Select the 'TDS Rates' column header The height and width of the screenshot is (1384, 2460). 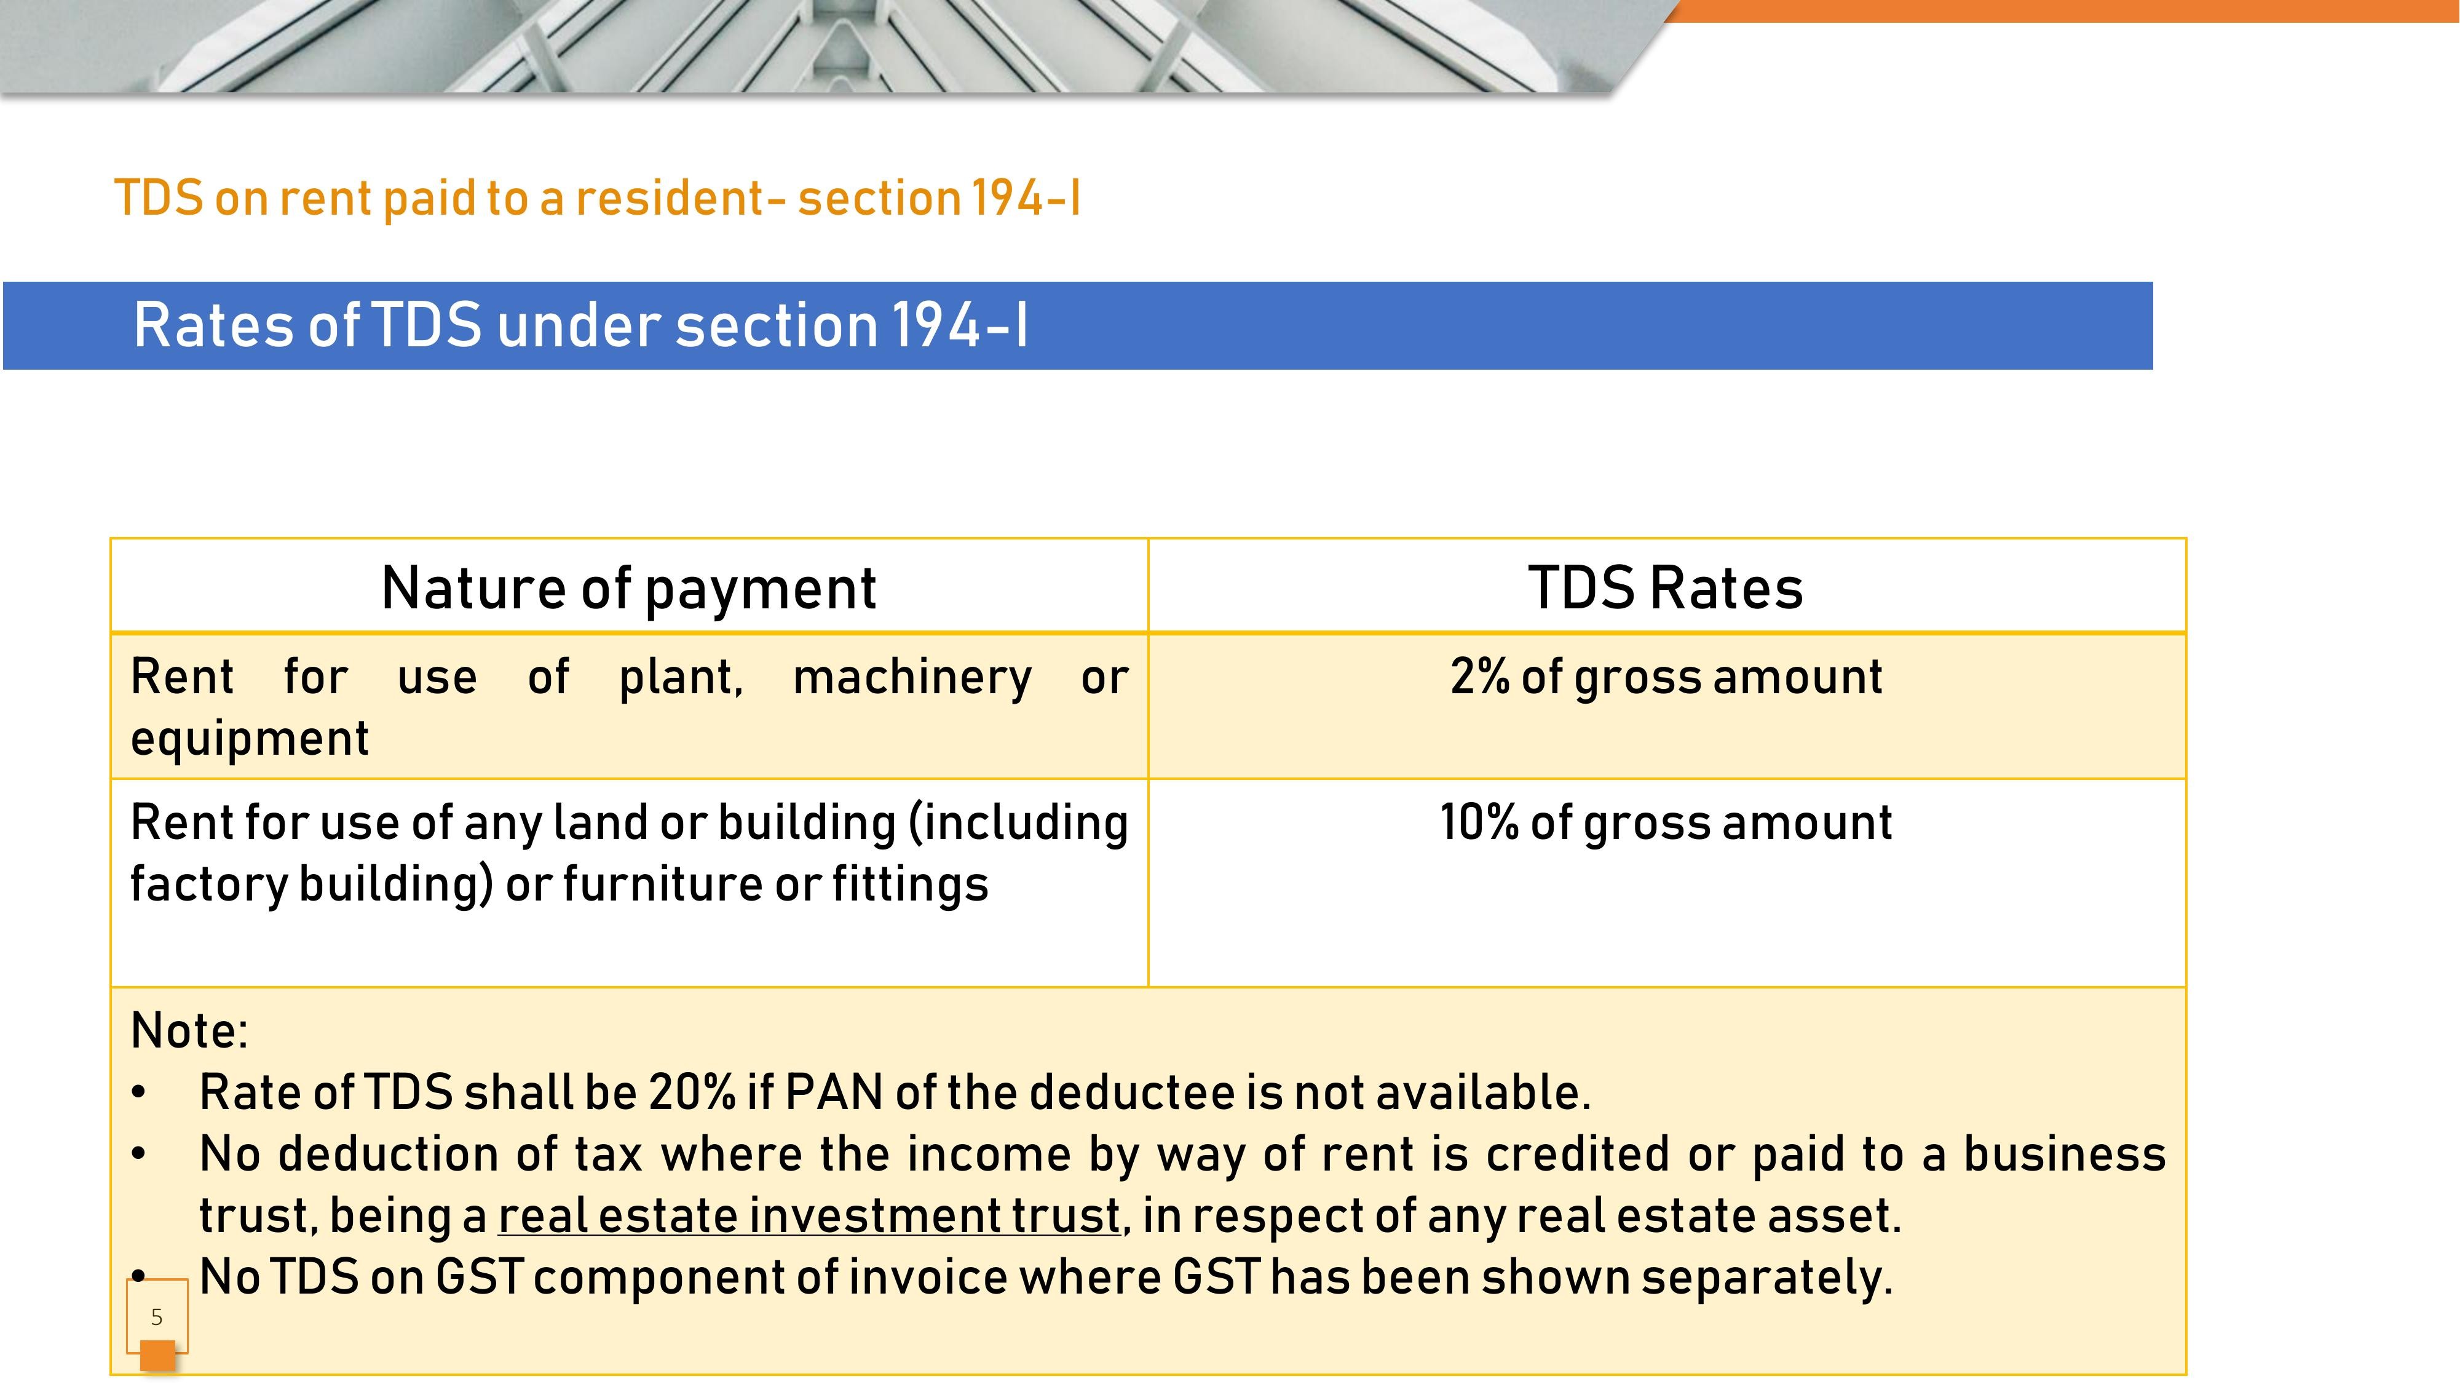(1666, 587)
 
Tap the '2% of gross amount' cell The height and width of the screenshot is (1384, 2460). (1666, 677)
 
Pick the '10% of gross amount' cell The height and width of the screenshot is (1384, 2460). (1666, 822)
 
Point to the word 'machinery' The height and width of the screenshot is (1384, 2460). (912, 677)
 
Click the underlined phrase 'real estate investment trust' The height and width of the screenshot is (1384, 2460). (809, 1216)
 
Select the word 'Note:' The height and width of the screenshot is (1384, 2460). (189, 1030)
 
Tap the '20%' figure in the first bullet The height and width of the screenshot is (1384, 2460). (692, 1092)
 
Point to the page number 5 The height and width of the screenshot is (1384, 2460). (157, 1317)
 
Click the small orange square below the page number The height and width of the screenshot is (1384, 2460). (157, 1355)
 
